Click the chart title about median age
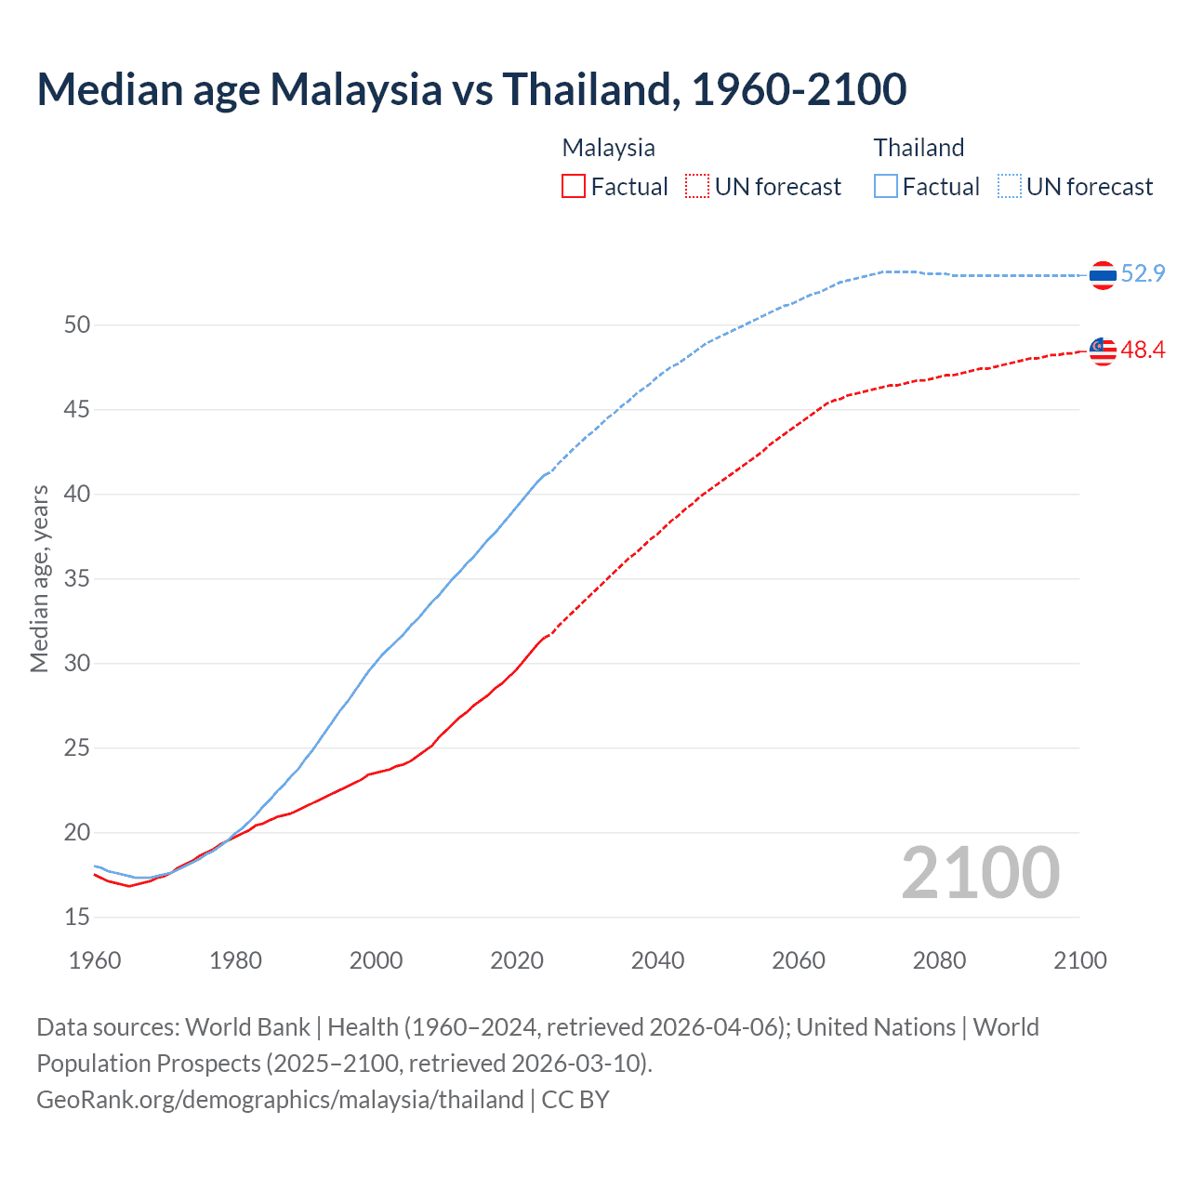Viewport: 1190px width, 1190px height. pyautogui.click(x=471, y=89)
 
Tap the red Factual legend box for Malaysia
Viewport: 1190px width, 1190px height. pyautogui.click(x=574, y=186)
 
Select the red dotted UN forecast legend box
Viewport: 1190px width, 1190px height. pyautogui.click(x=697, y=186)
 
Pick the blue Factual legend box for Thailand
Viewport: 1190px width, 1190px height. pyautogui.click(x=886, y=186)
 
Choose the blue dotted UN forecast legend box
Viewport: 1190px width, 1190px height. pyautogui.click(x=1010, y=186)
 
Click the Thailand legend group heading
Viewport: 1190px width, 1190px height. pyautogui.click(x=919, y=148)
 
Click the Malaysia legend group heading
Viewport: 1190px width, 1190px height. pyautogui.click(x=608, y=148)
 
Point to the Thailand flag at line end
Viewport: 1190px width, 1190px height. pyautogui.click(x=1103, y=275)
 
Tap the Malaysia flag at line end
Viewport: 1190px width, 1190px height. pyautogui.click(x=1103, y=350)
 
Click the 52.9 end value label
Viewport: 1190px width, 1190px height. pyautogui.click(x=1143, y=273)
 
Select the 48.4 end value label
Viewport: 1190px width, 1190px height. pyautogui.click(x=1143, y=350)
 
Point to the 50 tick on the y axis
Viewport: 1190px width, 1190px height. pyautogui.click(x=77, y=324)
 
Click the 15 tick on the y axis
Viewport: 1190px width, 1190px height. pyautogui.click(x=77, y=917)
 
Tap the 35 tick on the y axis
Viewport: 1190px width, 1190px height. pyautogui.click(x=77, y=578)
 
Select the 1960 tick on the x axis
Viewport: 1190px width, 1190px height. pyautogui.click(x=95, y=960)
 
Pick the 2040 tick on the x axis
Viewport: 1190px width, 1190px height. pyautogui.click(x=657, y=960)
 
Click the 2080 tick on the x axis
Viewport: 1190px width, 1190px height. pyautogui.click(x=939, y=960)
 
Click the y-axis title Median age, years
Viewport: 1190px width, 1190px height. pyautogui.click(x=39, y=578)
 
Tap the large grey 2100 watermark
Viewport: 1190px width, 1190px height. pyautogui.click(x=980, y=872)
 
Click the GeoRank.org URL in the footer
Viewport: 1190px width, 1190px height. pyautogui.click(x=280, y=1099)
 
